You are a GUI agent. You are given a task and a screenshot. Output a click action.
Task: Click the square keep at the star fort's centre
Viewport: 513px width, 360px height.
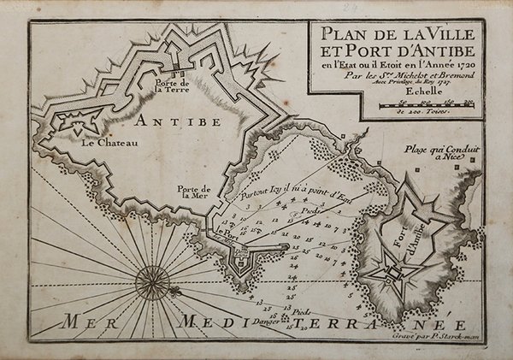click(394, 274)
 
